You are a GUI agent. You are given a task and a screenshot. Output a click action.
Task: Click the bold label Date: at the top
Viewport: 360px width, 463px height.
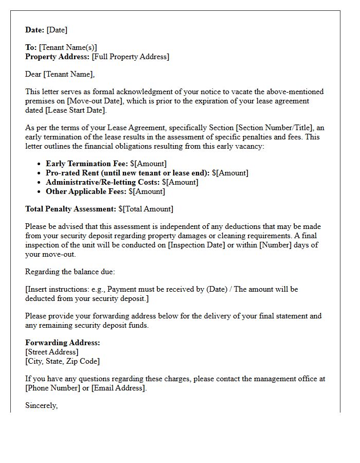coord(35,30)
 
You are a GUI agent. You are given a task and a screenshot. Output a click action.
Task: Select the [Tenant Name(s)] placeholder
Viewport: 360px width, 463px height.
coord(68,47)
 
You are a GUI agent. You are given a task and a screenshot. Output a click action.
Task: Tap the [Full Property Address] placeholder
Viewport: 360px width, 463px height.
coord(130,57)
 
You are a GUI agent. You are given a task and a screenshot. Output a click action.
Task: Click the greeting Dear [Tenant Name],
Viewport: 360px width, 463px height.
coord(60,74)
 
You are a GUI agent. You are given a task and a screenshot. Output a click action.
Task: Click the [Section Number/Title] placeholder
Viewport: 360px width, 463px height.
coord(274,128)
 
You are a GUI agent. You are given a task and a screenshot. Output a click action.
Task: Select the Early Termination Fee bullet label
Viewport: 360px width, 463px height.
coord(86,164)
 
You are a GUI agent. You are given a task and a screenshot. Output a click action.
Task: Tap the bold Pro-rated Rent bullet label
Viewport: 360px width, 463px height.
coord(128,173)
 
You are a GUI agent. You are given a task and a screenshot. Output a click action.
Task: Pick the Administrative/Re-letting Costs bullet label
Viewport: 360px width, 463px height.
coord(102,182)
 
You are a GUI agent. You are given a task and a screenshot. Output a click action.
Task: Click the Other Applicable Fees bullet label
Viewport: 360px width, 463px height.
coord(86,191)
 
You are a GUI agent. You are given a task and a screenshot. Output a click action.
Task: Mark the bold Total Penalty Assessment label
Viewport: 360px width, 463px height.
coord(70,209)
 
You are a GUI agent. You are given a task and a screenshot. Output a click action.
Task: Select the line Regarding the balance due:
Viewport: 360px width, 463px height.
coord(68,272)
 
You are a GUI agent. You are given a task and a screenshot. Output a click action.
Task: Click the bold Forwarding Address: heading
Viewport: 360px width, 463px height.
coord(62,343)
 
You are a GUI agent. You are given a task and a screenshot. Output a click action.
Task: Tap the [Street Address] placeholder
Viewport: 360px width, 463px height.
coord(52,352)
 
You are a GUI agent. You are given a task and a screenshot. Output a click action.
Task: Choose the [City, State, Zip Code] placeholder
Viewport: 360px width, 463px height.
coord(62,361)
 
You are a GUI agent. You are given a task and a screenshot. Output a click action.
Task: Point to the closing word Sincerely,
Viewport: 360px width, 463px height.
coord(41,405)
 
